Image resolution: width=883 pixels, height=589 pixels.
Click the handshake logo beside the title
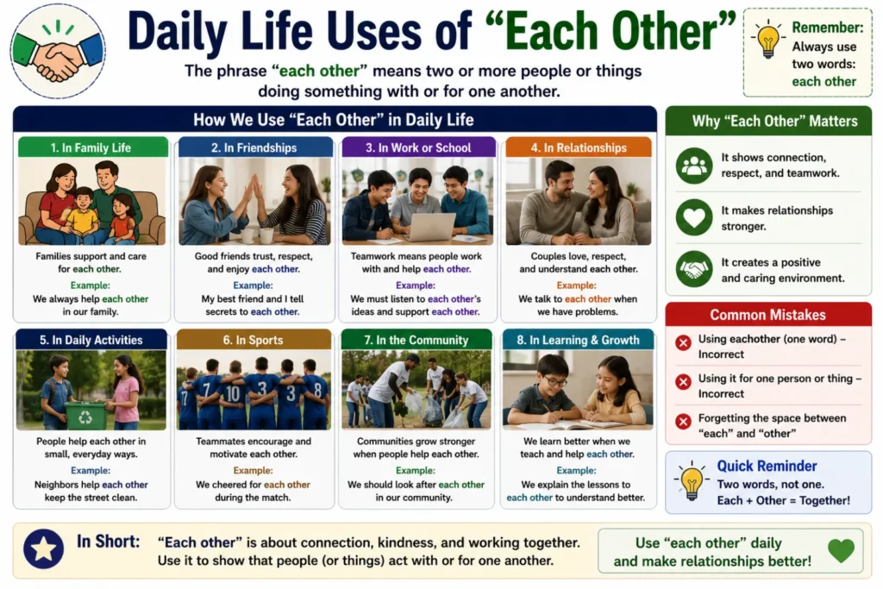(58, 51)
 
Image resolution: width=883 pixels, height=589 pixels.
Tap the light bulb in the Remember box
(767, 38)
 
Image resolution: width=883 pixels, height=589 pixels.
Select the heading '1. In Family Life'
(91, 147)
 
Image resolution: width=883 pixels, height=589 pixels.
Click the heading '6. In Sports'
(253, 340)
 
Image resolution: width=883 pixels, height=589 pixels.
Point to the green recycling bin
(85, 415)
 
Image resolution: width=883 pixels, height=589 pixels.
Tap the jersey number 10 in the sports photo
(233, 393)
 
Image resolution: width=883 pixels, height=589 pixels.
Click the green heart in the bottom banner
(842, 550)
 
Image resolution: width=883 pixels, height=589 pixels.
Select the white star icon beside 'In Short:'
(43, 548)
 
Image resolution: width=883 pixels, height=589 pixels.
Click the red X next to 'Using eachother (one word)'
(683, 342)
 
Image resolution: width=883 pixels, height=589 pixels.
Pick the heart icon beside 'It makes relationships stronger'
(694, 217)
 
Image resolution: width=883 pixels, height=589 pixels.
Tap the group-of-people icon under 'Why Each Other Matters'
(694, 166)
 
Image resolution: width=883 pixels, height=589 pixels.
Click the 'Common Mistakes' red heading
(767, 315)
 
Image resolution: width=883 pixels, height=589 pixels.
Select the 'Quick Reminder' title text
(767, 466)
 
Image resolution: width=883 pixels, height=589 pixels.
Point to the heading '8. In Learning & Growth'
(578, 340)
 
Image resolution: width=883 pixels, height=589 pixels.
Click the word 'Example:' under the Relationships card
(576, 285)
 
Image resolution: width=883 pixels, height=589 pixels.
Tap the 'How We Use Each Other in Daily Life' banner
(334, 119)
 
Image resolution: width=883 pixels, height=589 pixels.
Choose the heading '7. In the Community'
(416, 340)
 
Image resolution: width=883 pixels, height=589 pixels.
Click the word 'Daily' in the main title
(177, 31)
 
